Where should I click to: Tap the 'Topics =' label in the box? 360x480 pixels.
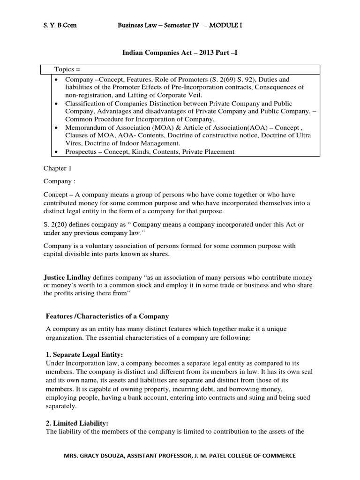tap(69, 69)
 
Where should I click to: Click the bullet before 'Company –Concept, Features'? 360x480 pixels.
tap(56, 80)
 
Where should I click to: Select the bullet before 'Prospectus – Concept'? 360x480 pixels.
tap(56, 151)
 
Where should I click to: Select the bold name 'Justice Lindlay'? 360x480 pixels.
tap(67, 278)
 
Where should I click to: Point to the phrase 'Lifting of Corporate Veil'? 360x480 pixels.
tap(151, 95)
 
